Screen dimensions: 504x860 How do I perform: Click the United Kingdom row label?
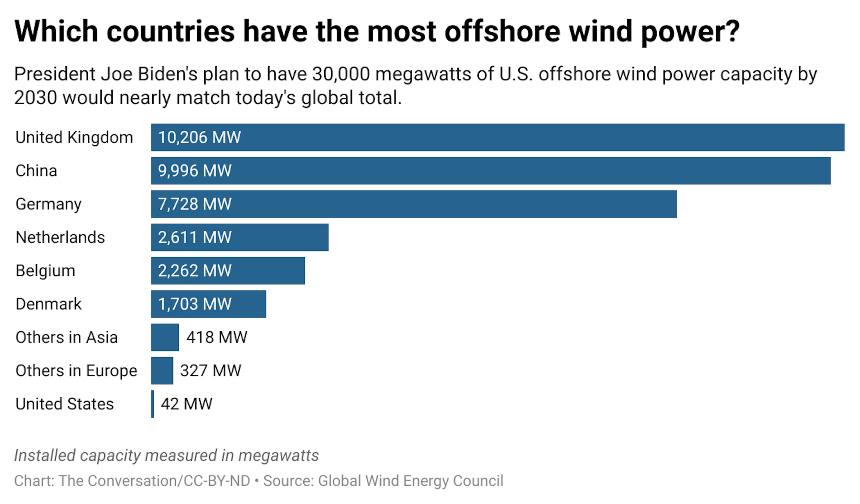pos(74,137)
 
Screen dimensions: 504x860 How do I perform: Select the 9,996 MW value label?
pos(194,171)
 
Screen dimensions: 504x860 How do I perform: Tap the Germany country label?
pos(48,204)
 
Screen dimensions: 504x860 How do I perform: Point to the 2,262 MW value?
pos(194,271)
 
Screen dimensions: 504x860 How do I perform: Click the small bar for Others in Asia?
pos(165,337)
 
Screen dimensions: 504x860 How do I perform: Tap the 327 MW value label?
pos(210,371)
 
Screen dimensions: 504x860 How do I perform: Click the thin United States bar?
pos(153,404)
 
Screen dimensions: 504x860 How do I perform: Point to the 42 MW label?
pos(186,404)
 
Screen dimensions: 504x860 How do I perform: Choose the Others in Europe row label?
pos(76,371)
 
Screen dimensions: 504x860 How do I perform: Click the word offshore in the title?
pos(502,31)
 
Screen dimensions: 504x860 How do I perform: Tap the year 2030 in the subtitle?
pos(35,98)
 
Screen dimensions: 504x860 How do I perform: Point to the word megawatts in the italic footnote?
pos(278,456)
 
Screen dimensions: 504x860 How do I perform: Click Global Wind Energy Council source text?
pos(410,481)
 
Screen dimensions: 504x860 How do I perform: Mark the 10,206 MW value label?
pos(199,137)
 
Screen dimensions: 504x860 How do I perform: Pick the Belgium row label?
pos(45,271)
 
